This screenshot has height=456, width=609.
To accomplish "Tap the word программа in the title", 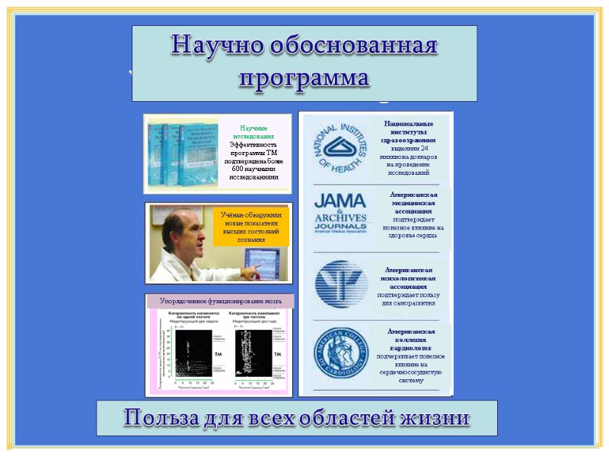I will click(304, 78).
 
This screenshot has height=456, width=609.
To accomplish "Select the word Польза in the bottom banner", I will click(164, 418).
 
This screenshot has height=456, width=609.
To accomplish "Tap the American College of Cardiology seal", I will click(341, 353).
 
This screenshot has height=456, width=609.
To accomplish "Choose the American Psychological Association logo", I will click(341, 284).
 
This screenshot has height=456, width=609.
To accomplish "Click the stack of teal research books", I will click(183, 154).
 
